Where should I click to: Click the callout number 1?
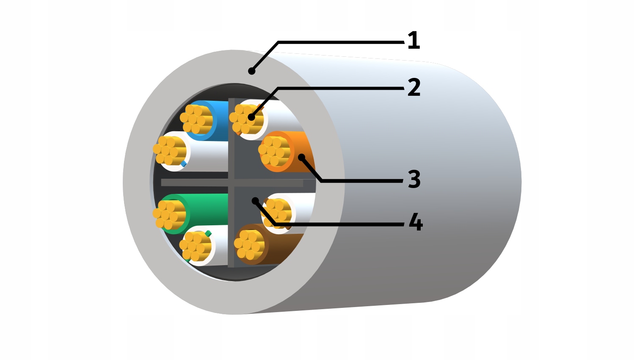[413, 41]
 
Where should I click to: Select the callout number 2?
[414, 87]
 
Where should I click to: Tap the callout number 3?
[414, 179]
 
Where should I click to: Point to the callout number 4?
[416, 222]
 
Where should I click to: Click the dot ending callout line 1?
[252, 71]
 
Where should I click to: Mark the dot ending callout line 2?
[252, 117]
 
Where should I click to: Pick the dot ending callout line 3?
[301, 158]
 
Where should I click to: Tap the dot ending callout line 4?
[255, 201]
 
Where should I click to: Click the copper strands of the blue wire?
[196, 119]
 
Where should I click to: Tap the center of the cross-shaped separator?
[231, 183]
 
